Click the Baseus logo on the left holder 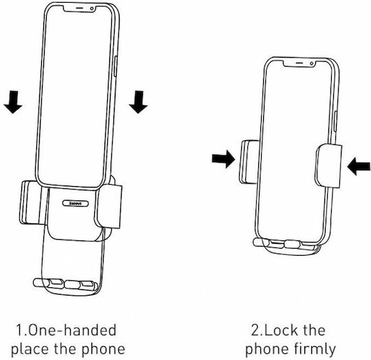(76, 203)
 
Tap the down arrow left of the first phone (13, 102)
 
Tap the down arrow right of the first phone (138, 102)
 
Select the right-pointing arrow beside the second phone (223, 159)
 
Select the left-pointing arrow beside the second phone (359, 166)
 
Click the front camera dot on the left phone (92, 9)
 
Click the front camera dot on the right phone (312, 63)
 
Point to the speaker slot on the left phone (80, 8)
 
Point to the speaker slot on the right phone (300, 63)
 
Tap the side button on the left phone (115, 66)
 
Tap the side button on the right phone (335, 122)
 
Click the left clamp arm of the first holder (32, 203)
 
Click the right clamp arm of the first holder (109, 206)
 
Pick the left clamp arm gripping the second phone (249, 162)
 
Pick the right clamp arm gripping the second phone (328, 166)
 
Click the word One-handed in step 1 (72, 330)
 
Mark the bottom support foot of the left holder (66, 284)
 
